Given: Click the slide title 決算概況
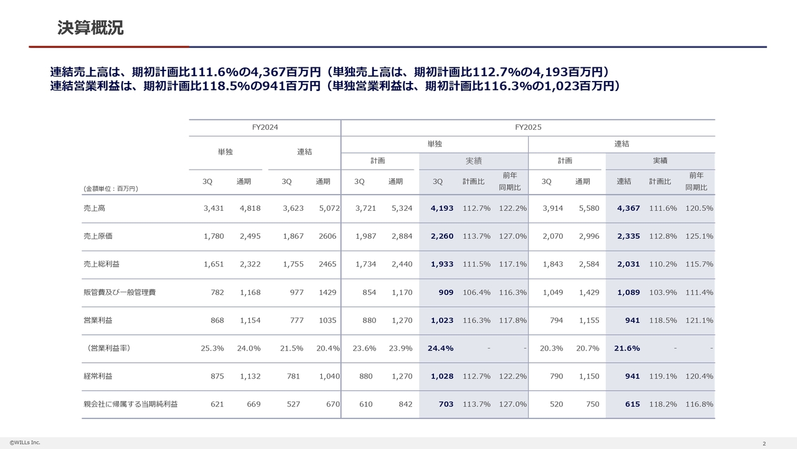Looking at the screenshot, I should [x=90, y=28].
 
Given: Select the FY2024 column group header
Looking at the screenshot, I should [x=265, y=127].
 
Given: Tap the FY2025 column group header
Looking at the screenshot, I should [x=528, y=127].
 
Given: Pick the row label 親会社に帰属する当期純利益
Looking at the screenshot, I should [x=130, y=405].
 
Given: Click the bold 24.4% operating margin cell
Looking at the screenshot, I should [x=440, y=349].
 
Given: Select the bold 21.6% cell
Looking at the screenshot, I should [x=627, y=349].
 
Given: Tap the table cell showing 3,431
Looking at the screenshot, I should [x=214, y=208].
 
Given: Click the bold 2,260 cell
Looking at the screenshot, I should [x=442, y=236].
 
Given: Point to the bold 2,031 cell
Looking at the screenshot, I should [x=628, y=264].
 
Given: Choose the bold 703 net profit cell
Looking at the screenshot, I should [x=446, y=405].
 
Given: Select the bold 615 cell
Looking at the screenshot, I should [x=633, y=405].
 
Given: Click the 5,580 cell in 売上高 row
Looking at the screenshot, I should [x=588, y=208].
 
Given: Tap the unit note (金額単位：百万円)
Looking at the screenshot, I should [x=111, y=188].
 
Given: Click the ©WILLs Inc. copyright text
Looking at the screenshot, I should [x=25, y=443].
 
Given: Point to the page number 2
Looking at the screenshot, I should [x=764, y=443].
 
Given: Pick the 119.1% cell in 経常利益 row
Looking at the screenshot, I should [x=663, y=377].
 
